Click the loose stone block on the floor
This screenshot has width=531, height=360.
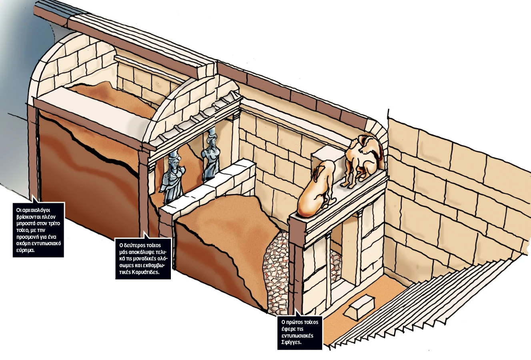[359, 307]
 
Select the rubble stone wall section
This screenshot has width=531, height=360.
[276, 272]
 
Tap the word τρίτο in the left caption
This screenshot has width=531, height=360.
[54, 224]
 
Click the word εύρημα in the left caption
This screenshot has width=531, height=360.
[25, 250]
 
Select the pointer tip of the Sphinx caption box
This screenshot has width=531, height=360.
[296, 309]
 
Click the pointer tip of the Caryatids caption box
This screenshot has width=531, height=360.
[144, 232]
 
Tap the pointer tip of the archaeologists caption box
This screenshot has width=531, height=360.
[32, 195]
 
